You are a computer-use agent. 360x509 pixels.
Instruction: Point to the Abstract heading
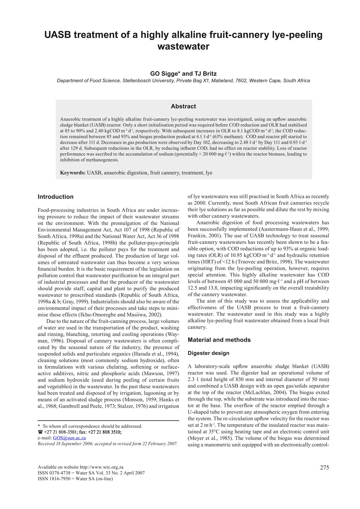183,106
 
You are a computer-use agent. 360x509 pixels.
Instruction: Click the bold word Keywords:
73,173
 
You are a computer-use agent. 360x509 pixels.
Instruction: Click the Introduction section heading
55,197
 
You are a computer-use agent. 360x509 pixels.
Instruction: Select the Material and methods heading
219,340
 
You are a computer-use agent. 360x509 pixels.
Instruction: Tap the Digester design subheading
208,353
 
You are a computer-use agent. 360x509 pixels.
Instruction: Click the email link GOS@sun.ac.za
69,438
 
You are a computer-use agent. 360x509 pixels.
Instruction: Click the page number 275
325,467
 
